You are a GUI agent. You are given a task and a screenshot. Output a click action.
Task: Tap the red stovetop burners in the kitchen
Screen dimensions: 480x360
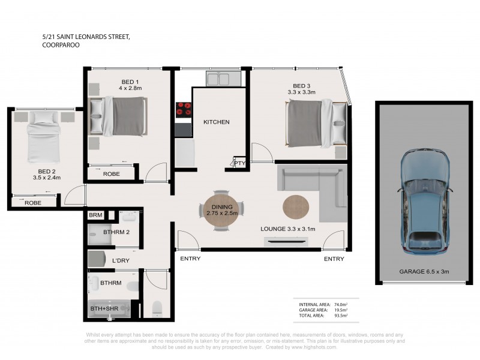tap(184, 110)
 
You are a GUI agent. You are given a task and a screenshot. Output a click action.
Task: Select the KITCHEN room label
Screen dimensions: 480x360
tap(217, 122)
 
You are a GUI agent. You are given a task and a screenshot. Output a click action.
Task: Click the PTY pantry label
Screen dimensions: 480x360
tap(239, 163)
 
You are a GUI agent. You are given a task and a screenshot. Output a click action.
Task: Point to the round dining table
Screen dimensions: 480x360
tap(222, 210)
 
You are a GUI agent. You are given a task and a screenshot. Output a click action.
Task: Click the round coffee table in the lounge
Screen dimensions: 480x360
tap(296, 207)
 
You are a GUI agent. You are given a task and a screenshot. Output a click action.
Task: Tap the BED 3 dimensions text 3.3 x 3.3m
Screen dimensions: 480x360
tap(302, 92)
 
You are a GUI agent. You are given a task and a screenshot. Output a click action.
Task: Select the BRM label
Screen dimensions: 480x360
tap(95, 215)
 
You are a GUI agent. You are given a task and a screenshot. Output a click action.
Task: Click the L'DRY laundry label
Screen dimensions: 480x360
tap(121, 260)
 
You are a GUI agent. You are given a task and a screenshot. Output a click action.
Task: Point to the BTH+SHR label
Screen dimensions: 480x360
tap(104, 308)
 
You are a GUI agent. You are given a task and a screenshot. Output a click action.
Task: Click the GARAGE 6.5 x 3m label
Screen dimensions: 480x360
tap(424, 272)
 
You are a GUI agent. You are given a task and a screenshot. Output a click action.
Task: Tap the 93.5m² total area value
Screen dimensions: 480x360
tap(341, 316)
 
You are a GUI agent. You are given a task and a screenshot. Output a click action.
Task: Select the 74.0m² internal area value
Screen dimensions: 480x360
tap(341, 305)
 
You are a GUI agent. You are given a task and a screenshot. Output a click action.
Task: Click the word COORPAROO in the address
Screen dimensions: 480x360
tap(61, 45)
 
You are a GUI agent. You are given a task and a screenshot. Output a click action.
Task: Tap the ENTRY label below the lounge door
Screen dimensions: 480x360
tap(334, 259)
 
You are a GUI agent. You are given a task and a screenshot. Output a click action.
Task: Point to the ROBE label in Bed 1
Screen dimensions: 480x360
tap(112, 174)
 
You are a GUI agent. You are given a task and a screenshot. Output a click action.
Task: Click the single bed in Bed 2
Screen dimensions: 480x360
tap(43, 137)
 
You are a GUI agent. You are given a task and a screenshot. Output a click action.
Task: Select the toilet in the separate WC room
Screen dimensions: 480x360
tap(157, 309)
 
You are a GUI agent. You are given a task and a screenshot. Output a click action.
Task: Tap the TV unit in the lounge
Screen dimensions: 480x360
tap(286, 242)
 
